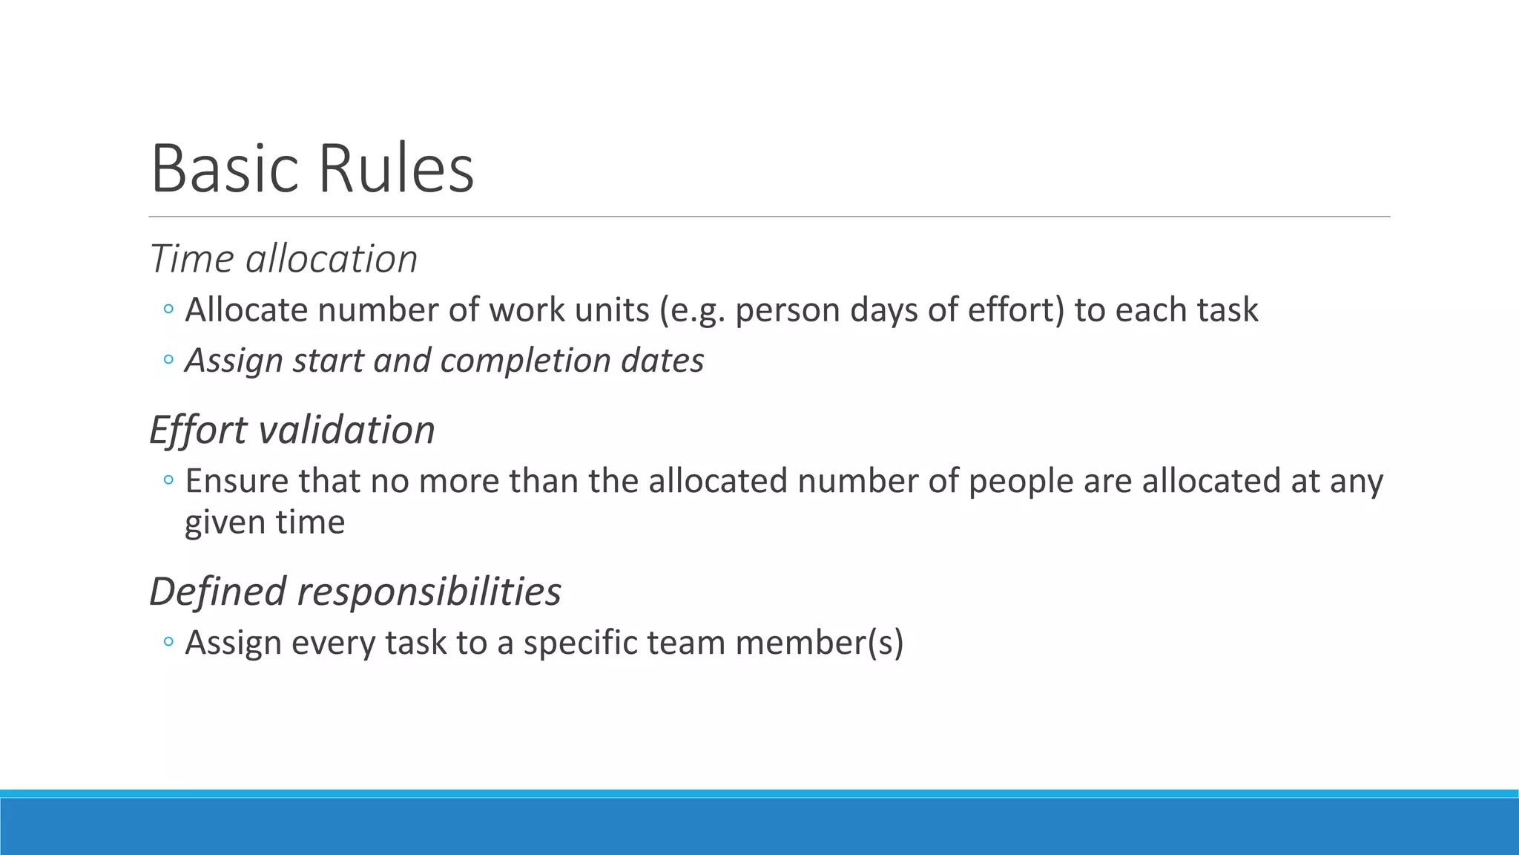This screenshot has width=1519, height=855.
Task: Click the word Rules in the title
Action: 396,169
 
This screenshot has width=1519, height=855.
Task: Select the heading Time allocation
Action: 283,259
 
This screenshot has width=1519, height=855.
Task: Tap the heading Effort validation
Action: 292,430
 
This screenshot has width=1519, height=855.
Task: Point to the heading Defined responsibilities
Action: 355,592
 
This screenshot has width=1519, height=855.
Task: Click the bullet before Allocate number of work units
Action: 168,309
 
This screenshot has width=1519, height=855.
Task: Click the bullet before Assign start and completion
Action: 168,361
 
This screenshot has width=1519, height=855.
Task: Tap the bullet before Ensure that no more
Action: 168,481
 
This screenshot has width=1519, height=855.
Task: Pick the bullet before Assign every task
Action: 168,642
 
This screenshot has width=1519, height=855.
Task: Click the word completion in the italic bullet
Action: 526,361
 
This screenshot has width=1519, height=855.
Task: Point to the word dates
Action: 662,361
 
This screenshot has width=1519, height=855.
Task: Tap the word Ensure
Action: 237,481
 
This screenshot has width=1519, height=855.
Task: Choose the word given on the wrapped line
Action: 225,522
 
